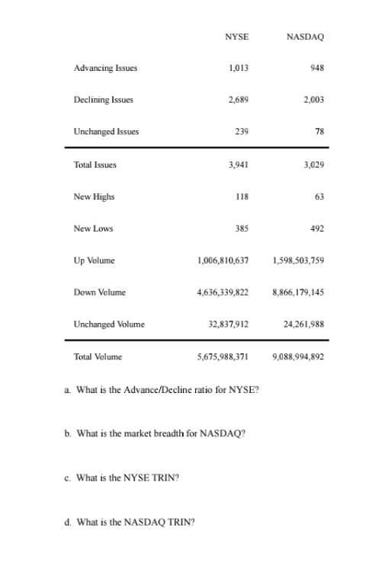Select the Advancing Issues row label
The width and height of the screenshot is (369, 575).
click(105, 68)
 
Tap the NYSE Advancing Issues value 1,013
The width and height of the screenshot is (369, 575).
click(239, 68)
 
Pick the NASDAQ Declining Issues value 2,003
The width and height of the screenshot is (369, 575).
click(313, 100)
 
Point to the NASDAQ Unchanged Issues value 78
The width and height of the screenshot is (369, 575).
click(319, 132)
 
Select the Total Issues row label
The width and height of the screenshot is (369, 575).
click(95, 165)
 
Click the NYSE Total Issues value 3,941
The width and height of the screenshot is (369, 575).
click(239, 165)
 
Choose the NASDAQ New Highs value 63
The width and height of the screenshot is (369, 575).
click(319, 196)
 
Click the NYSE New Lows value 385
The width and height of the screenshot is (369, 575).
click(242, 228)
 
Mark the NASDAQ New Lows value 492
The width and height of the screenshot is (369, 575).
click(316, 228)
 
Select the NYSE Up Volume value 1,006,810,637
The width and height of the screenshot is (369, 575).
click(223, 260)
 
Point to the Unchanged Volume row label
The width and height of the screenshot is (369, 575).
click(108, 324)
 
